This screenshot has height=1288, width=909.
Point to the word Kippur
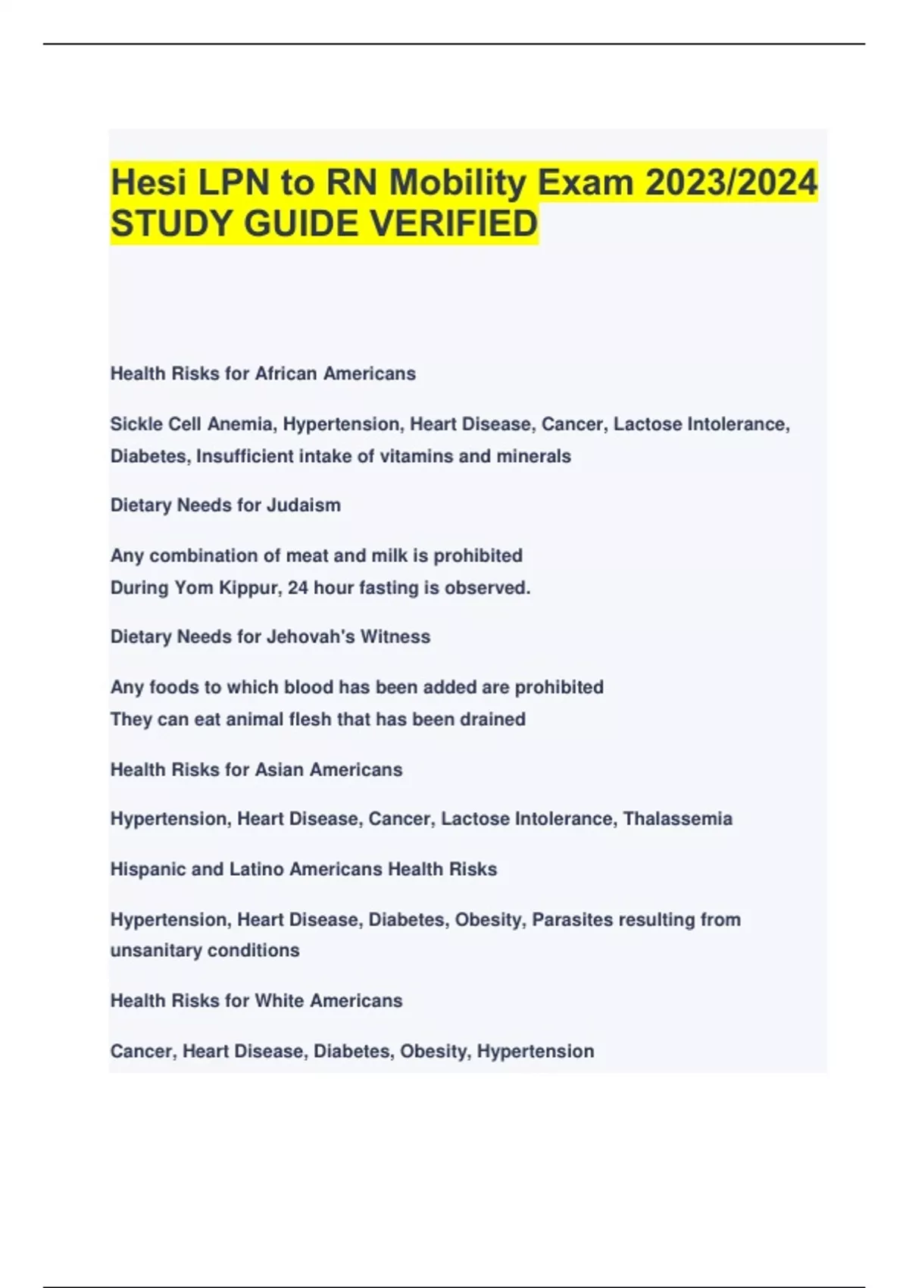pyautogui.click(x=248, y=588)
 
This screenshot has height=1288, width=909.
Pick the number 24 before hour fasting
pyautogui.click(x=298, y=588)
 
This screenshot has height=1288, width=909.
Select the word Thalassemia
pyautogui.click(x=677, y=819)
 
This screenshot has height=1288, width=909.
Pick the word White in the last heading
pyautogui.click(x=280, y=1001)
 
